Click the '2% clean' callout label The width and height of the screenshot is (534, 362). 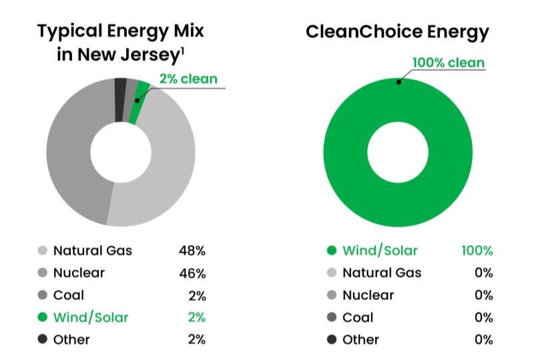[x=188, y=79]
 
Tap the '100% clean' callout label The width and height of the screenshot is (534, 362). [x=449, y=63]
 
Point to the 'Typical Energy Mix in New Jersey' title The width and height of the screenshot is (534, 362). [x=120, y=42]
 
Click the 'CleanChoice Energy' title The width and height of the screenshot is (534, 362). [x=398, y=31]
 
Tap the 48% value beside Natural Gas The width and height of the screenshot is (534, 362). [x=192, y=251]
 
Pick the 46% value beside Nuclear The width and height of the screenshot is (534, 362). [x=192, y=273]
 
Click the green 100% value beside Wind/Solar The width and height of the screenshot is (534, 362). [x=477, y=251]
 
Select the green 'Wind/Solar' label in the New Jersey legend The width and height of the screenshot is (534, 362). [x=90, y=317]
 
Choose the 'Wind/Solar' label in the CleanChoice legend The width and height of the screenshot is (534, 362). [x=380, y=251]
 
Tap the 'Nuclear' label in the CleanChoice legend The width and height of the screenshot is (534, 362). [x=368, y=295]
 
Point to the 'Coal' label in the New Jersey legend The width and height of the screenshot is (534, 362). [x=69, y=295]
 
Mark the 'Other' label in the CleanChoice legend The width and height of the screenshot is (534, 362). [x=360, y=339]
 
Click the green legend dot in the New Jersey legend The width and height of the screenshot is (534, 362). [x=42, y=318]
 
